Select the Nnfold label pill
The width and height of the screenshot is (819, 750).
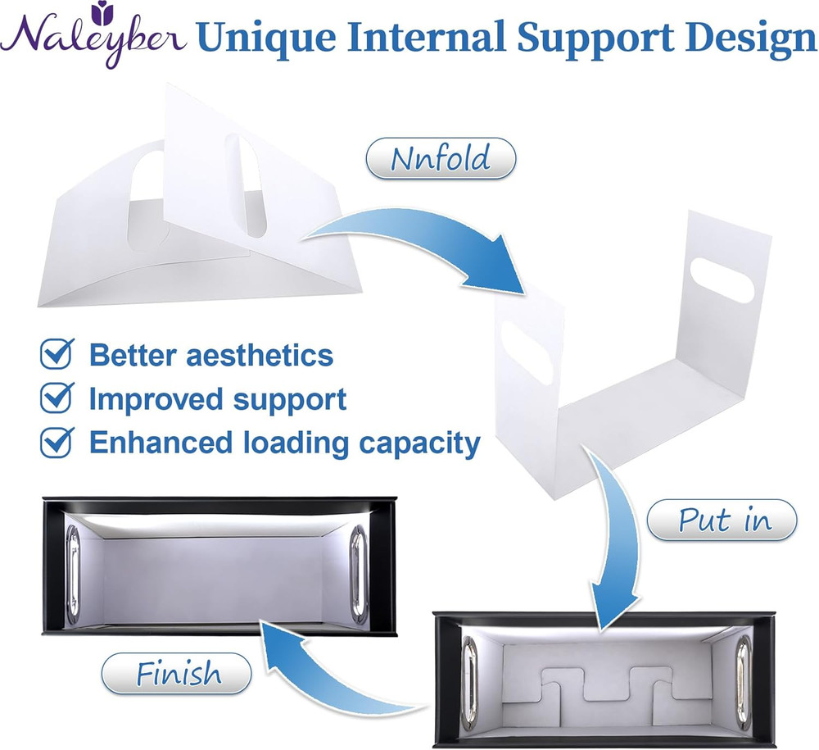click(441, 158)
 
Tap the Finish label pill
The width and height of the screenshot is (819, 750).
click(176, 674)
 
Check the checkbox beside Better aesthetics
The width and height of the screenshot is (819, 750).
click(57, 354)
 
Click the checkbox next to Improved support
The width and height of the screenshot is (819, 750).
click(57, 398)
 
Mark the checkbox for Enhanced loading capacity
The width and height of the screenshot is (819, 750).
click(57, 443)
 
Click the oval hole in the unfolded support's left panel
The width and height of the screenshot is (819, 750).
click(527, 352)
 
